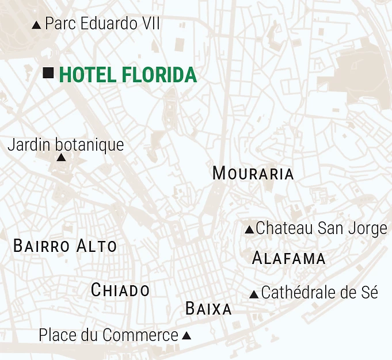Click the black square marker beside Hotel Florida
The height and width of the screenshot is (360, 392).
(x=48, y=72)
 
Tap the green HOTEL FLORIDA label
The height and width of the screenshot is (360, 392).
(x=127, y=75)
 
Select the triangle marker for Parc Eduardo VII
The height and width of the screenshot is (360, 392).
(x=37, y=25)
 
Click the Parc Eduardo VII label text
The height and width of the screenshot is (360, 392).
(x=102, y=24)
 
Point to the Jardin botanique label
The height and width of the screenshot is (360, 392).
(x=65, y=144)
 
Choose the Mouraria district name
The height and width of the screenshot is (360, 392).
(x=253, y=173)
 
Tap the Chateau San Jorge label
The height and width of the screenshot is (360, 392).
(x=321, y=228)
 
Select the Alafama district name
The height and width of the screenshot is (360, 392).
(x=288, y=258)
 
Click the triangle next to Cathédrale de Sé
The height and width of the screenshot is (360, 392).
(x=254, y=294)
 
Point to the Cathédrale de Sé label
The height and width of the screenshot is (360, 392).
(x=319, y=293)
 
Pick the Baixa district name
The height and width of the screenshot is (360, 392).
(x=208, y=309)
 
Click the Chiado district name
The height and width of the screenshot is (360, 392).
(x=120, y=290)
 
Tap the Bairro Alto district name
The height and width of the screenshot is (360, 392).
(x=64, y=246)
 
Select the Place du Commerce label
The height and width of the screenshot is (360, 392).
(x=108, y=335)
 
